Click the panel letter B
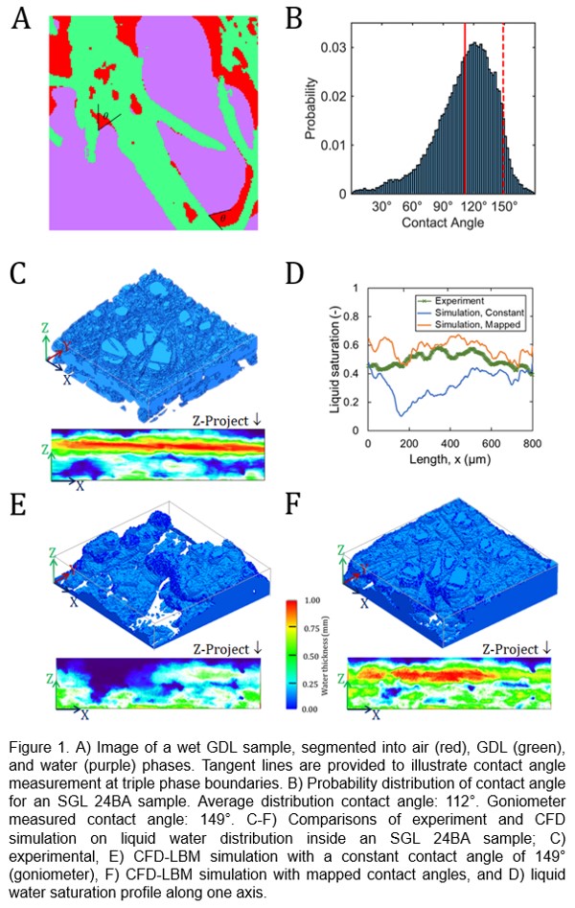click(295, 20)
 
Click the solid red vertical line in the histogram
click(465, 105)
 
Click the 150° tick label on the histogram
click(503, 206)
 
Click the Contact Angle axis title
click(444, 222)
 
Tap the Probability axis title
click(310, 115)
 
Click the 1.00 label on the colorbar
click(315, 598)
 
